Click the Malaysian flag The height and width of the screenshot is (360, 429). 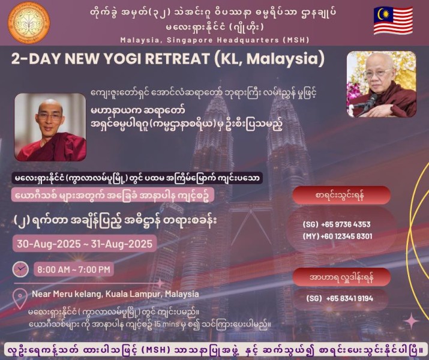(x=393, y=20)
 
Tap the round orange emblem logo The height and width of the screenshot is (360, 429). (x=29, y=22)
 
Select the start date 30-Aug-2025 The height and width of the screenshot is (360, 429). (x=49, y=244)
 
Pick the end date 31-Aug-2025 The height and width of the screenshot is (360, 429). (x=121, y=244)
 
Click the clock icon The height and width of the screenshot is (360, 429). (x=20, y=269)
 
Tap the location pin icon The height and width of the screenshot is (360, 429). (x=20, y=299)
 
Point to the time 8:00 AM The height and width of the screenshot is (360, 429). (x=53, y=270)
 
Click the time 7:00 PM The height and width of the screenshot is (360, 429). (x=94, y=270)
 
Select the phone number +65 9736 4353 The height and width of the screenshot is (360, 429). (x=346, y=224)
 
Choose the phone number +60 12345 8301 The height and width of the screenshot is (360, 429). (x=346, y=236)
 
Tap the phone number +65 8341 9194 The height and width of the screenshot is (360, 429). (x=349, y=298)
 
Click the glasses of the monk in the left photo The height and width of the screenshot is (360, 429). (x=50, y=117)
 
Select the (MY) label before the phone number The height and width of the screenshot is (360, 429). (x=311, y=236)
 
